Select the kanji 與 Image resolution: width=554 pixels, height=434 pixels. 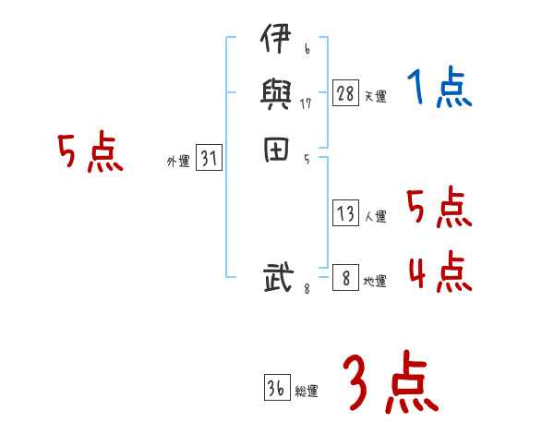coord(276,97)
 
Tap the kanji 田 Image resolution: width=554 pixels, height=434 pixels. coord(276,151)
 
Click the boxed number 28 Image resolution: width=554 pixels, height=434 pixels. coord(345,93)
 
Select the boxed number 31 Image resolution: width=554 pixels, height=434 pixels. coord(209,159)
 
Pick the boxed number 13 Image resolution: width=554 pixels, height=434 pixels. coord(345,214)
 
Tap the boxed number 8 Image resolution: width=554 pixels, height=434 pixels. coord(345,277)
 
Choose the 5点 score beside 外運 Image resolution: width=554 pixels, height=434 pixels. coord(90,153)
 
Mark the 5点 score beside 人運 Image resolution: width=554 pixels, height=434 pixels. coord(440,208)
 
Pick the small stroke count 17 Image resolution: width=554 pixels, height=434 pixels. coord(306,103)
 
